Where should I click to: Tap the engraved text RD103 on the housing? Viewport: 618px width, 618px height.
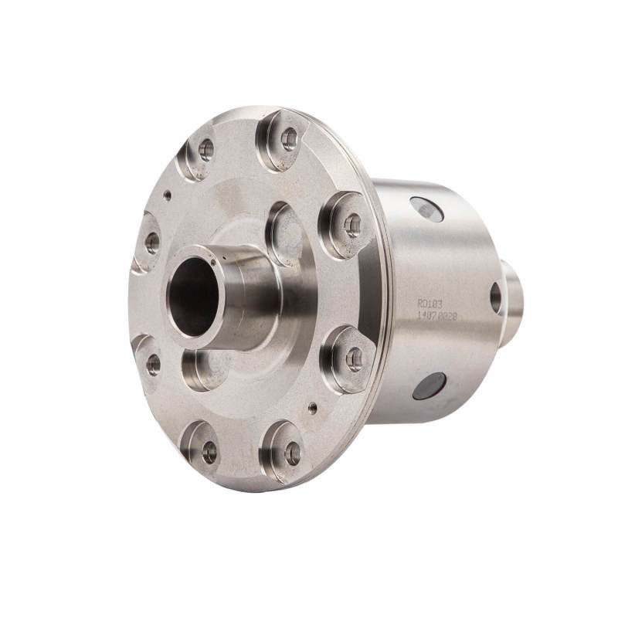[x=430, y=304]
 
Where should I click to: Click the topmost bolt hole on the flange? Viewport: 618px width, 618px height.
[x=289, y=139]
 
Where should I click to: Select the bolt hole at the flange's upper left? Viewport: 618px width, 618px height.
[x=205, y=149]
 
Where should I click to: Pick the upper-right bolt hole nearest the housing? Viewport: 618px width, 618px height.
[x=352, y=225]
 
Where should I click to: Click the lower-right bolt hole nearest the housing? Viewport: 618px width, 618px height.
[x=354, y=358]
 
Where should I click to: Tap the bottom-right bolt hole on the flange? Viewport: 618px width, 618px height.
[x=292, y=453]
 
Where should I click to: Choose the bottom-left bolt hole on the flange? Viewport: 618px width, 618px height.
[x=209, y=453]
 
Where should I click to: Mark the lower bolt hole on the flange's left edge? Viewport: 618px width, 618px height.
[x=153, y=365]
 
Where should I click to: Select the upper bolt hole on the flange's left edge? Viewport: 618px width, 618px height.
[x=151, y=243]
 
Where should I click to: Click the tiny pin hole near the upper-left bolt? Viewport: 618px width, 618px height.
[x=168, y=195]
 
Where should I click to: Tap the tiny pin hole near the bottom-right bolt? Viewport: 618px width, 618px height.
[x=312, y=407]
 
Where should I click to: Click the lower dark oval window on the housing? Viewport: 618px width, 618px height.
[x=430, y=385]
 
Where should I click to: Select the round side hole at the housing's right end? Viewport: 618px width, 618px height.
[x=495, y=297]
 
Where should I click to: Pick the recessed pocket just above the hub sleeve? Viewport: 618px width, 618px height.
[x=285, y=233]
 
